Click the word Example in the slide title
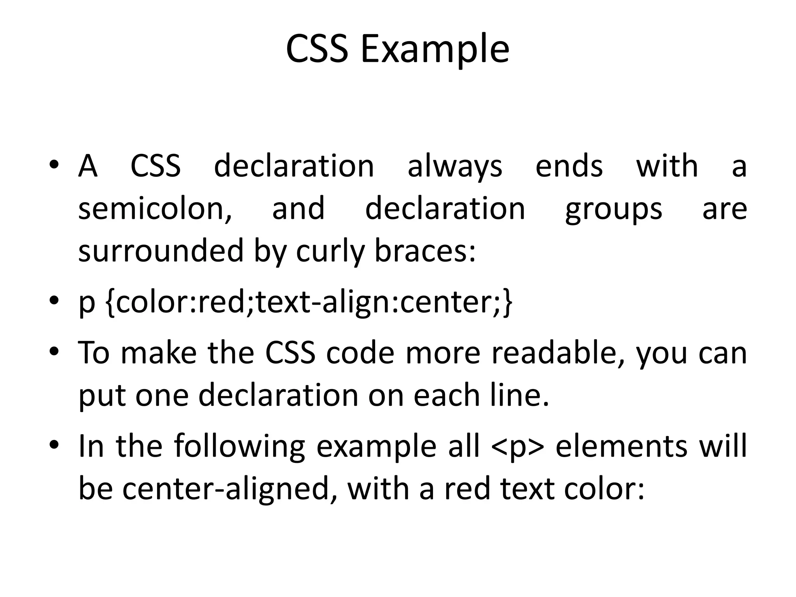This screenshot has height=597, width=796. click(435, 49)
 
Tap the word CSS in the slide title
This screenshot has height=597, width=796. click(317, 49)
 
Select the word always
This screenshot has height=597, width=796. click(455, 166)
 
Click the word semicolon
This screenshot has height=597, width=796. click(155, 209)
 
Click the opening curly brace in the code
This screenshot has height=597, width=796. click(110, 303)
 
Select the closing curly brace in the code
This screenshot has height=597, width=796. click(508, 303)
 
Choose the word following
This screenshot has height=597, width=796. click(239, 447)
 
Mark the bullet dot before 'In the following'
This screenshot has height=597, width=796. click(54, 444)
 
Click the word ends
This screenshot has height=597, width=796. click(569, 166)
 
